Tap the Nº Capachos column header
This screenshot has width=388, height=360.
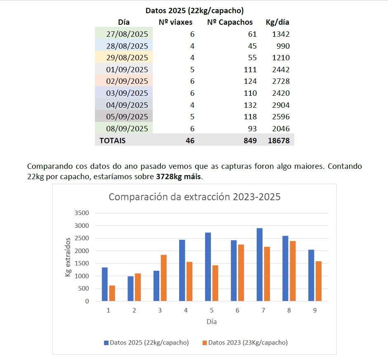coord(229,22)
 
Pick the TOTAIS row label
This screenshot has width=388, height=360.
coord(112,140)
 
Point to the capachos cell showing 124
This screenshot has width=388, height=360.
coord(249,81)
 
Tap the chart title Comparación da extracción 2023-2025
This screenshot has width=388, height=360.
coord(194,197)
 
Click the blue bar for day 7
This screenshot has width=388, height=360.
coord(259,264)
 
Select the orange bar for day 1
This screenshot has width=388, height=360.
coord(112,293)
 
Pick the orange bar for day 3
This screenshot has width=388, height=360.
coord(163,278)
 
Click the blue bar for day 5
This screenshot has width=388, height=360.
coord(208,267)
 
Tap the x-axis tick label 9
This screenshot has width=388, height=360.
coord(315,310)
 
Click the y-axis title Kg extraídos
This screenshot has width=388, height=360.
coord(68,257)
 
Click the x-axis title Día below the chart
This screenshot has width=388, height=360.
coord(211,322)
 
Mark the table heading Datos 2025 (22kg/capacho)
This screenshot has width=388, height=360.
coord(194,10)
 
